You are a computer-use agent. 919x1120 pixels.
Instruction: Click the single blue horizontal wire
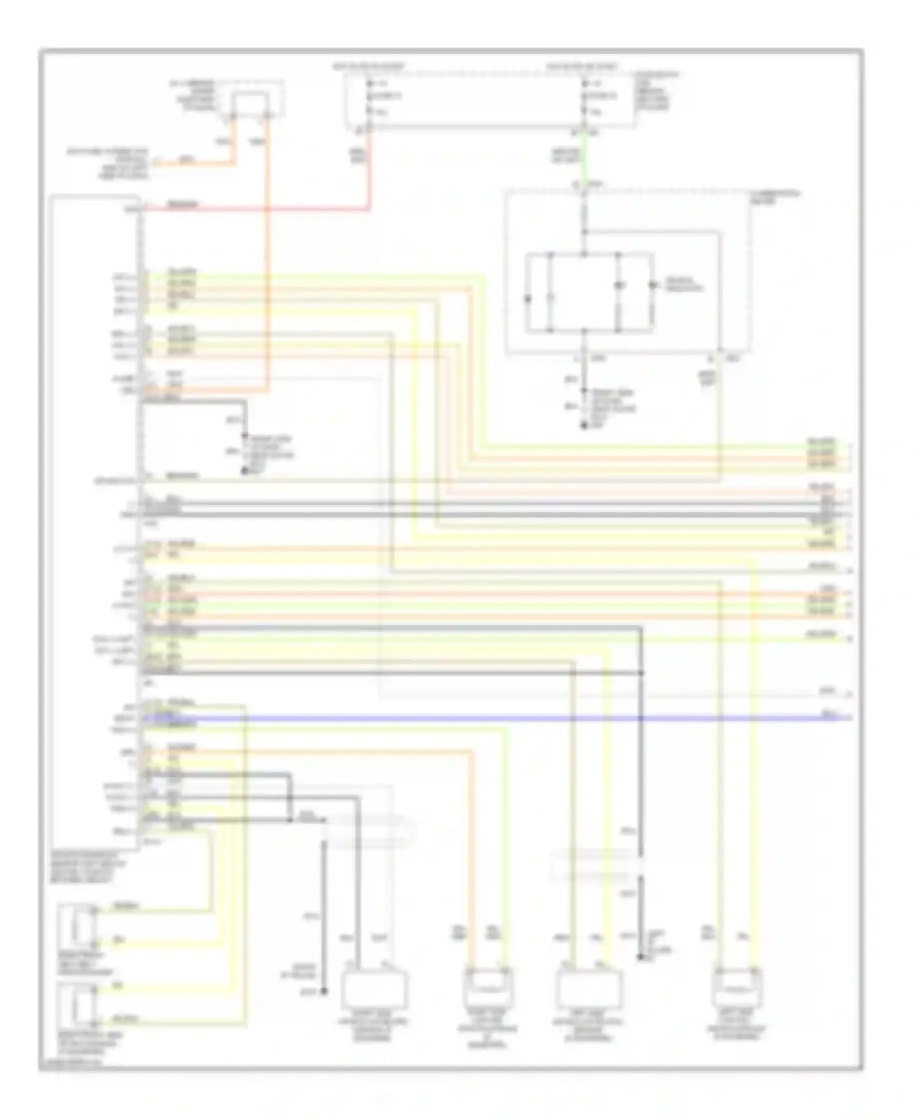pyautogui.click(x=490, y=717)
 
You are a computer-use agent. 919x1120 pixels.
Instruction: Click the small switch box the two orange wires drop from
pyautogui.click(x=249, y=104)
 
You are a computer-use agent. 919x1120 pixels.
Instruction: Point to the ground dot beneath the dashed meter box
pyautogui.click(x=583, y=425)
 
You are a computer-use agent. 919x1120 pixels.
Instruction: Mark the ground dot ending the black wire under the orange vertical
pyautogui.click(x=244, y=472)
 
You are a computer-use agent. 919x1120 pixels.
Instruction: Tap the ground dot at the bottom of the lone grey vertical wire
pyautogui.click(x=324, y=990)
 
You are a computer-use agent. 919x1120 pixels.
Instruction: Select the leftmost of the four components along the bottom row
pyautogui.click(x=374, y=989)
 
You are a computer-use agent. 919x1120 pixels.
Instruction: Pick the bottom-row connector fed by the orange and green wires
pyautogui.click(x=488, y=987)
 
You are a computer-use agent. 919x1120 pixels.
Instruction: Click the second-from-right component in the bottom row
pyautogui.click(x=588, y=989)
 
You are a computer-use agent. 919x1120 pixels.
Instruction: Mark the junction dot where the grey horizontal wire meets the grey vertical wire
pyautogui.click(x=641, y=673)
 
